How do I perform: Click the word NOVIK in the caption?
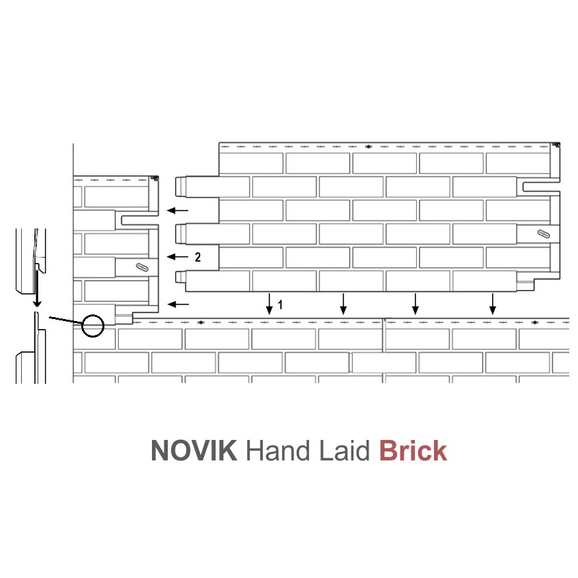tap(194, 450)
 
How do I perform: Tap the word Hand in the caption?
tap(278, 450)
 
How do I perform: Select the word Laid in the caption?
tap(344, 450)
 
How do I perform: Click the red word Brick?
tap(414, 450)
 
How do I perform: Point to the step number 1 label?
tap(280, 305)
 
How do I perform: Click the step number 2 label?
tap(198, 257)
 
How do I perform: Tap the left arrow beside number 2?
tap(178, 256)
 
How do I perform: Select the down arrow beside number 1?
tap(270, 304)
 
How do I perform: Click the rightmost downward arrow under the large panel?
tap(493, 304)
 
